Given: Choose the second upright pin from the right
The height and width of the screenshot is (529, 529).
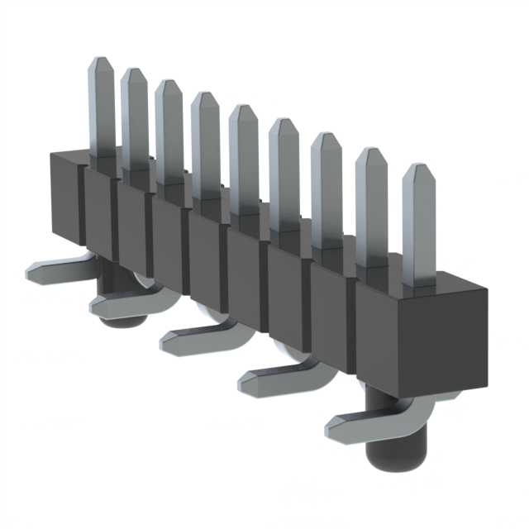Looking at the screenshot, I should click(371, 198).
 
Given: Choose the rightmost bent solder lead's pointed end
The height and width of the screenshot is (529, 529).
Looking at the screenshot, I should click(335, 428).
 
